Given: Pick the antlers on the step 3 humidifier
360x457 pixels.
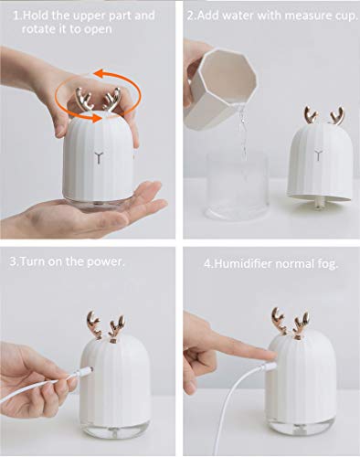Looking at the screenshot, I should (110, 326).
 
